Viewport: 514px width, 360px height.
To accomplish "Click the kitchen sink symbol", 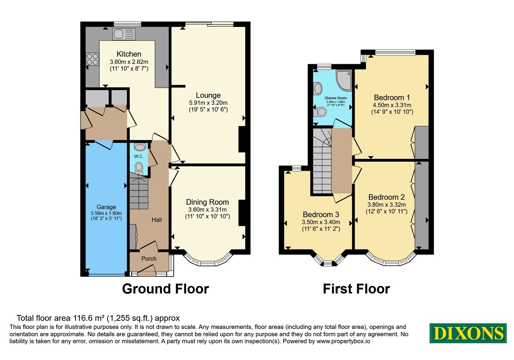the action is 124,34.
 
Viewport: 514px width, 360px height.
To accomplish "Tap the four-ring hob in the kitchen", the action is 92,59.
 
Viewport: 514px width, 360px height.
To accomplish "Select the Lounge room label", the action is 208,95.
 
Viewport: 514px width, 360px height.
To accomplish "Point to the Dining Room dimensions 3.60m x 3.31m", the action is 208,209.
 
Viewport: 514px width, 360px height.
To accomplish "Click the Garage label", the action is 106,207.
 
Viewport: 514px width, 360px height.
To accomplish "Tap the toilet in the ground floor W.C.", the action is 139,168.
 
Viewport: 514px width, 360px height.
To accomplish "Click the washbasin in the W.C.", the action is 140,147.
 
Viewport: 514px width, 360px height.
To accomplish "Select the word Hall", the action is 156,220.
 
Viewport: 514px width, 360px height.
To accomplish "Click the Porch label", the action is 149,258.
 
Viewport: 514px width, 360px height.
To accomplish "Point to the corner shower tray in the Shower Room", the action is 343,80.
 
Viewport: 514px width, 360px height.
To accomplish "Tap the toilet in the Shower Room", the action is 320,112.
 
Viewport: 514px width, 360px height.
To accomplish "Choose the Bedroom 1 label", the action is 392,98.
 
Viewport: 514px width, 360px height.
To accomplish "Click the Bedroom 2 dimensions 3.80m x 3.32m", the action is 386,204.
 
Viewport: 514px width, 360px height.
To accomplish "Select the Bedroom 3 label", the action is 321,214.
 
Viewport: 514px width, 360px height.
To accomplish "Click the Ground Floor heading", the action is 165,289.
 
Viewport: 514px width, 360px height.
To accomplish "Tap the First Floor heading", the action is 356,289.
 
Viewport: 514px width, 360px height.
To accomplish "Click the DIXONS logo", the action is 468,333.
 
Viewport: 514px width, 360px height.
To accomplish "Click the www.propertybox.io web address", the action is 343,341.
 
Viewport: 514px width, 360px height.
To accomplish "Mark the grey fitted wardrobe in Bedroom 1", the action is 422,142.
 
